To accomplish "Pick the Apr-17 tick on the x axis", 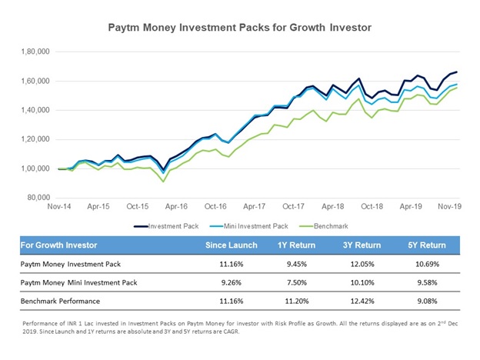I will pos(255,207).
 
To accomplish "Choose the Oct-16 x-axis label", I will pos(215,207).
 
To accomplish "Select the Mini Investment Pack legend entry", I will pos(248,227).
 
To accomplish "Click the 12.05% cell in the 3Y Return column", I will pos(358,262).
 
